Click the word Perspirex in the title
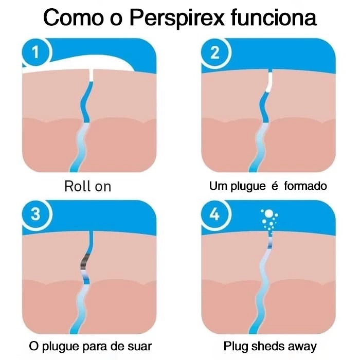[177, 18]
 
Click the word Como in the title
[74, 17]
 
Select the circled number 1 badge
[35, 52]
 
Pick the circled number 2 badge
[215, 52]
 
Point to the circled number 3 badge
[35, 214]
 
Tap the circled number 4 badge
[215, 214]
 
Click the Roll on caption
[88, 186]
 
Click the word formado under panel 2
[305, 186]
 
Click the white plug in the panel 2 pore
[269, 82]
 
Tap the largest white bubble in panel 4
[268, 213]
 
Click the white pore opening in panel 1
[91, 75]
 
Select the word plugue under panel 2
[248, 186]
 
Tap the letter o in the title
[116, 20]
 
